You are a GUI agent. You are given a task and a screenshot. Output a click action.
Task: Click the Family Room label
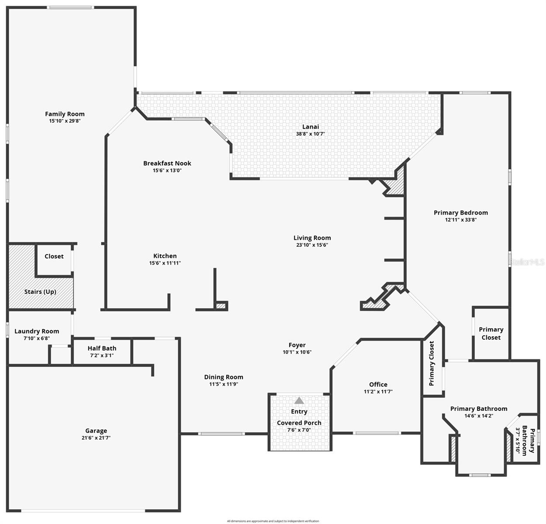[65, 114]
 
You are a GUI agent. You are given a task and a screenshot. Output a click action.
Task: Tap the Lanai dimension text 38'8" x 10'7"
[310, 134]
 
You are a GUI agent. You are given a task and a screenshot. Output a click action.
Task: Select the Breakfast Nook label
[167, 163]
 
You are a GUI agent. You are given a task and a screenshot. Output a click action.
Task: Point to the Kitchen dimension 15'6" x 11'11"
[165, 263]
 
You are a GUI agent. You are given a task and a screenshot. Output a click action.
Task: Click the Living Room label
[312, 238]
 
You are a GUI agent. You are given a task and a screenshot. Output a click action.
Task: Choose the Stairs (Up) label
[40, 292]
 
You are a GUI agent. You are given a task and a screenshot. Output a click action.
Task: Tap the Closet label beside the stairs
[54, 256]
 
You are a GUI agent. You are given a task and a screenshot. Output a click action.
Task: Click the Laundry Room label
[37, 331]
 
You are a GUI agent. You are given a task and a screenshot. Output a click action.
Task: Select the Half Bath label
[102, 348]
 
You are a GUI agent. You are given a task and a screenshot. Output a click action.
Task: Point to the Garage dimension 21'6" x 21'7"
[96, 438]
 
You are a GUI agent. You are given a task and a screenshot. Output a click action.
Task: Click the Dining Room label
[223, 377]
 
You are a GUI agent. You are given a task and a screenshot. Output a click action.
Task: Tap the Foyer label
[297, 345]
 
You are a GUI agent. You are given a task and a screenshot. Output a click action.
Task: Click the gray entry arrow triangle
[299, 400]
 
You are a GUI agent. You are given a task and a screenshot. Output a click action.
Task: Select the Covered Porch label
[299, 423]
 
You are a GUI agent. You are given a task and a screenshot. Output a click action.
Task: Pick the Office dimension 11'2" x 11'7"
[378, 392]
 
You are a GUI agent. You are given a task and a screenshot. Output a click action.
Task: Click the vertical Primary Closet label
[432, 363]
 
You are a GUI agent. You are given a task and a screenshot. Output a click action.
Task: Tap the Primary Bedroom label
[460, 213]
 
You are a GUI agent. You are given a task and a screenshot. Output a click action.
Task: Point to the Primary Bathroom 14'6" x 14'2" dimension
[479, 416]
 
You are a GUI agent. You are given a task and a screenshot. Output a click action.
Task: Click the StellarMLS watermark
[527, 262]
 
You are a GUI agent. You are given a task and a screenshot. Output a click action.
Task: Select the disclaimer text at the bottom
[273, 521]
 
